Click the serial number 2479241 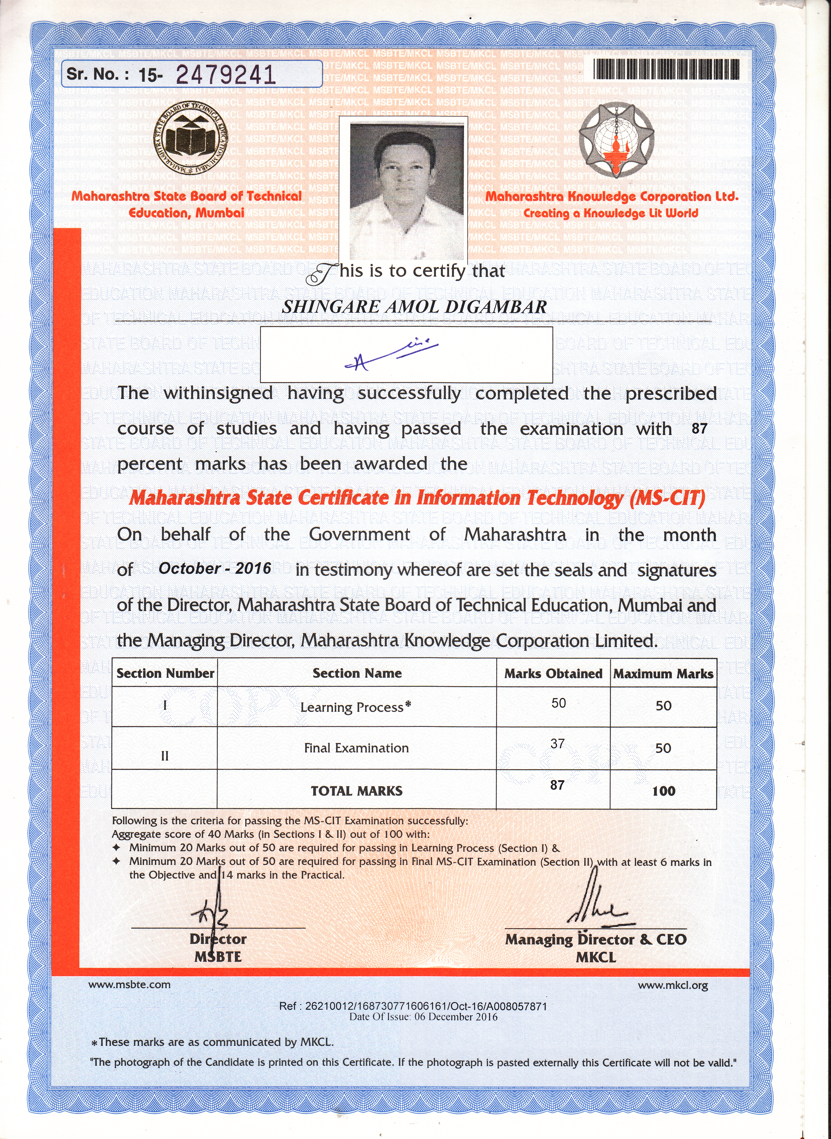pyautogui.click(x=226, y=75)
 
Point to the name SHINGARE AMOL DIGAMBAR pyautogui.click(x=414, y=307)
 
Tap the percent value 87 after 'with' pyautogui.click(x=699, y=428)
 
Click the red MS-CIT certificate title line pyautogui.click(x=417, y=498)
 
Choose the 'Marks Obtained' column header pyautogui.click(x=553, y=673)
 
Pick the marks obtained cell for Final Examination pyautogui.click(x=557, y=743)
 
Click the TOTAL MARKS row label pyautogui.click(x=357, y=791)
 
